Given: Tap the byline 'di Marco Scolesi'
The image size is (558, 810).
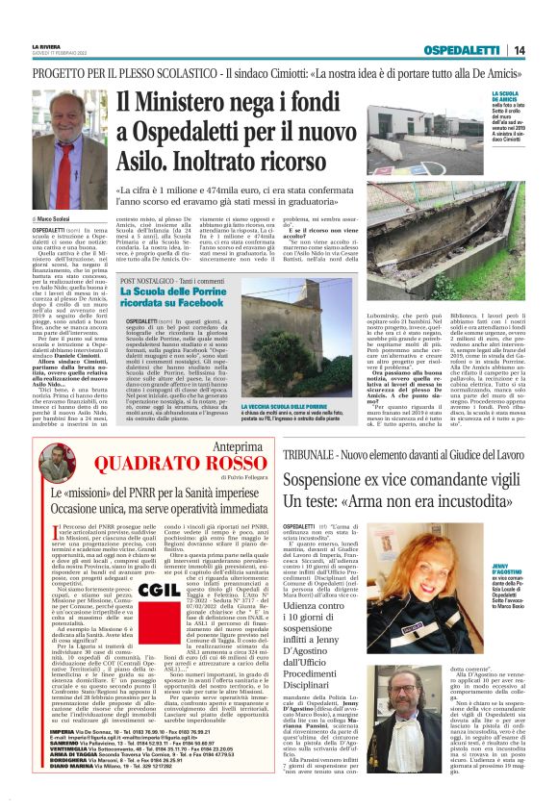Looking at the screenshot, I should click(53, 221).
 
